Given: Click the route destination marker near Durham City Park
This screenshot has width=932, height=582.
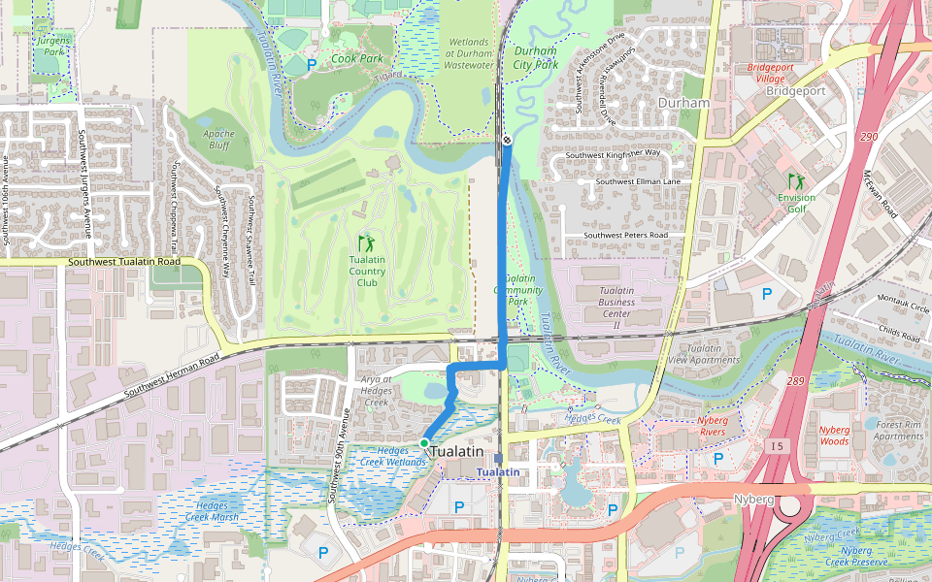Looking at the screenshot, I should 507,141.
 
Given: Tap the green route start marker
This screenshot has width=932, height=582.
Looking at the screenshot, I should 424,443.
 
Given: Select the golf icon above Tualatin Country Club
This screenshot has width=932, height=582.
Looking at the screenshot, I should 366,243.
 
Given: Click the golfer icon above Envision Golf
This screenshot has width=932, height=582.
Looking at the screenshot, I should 796,180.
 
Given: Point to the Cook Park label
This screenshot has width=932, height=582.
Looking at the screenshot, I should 356,58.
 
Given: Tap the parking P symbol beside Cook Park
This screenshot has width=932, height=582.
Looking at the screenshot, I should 312,65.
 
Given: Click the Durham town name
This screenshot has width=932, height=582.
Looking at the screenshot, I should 683,102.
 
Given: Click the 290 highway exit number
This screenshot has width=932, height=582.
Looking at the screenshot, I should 868,137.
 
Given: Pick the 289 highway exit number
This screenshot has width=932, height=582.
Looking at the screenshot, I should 797,381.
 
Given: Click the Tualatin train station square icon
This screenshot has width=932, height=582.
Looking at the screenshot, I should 498,459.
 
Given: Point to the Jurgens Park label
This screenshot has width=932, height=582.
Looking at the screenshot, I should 54,46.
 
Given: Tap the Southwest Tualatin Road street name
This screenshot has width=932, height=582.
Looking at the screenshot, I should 124,262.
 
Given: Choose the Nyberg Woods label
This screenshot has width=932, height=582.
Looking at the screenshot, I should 834,435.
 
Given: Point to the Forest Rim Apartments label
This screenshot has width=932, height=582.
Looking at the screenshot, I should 898,430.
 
